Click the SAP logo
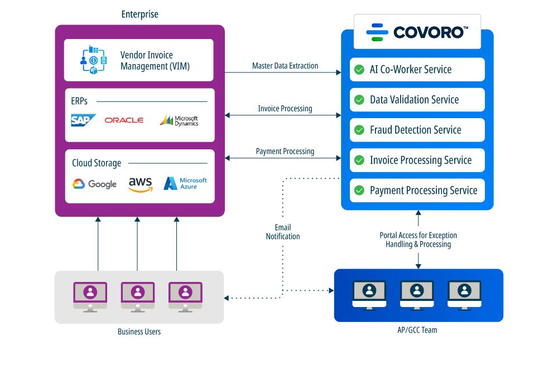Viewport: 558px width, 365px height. tap(83, 120)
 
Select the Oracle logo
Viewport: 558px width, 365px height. tap(124, 120)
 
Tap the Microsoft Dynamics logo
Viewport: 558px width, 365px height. tap(179, 120)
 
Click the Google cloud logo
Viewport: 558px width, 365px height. tap(94, 184)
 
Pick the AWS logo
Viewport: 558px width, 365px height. tap(140, 184)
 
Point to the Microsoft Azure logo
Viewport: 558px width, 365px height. tap(185, 183)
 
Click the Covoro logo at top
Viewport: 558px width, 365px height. tap(417, 32)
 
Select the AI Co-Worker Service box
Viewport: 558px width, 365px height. tap(417, 70)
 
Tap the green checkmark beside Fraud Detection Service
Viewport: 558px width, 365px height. tap(359, 130)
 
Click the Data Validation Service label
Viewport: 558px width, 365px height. tap(414, 100)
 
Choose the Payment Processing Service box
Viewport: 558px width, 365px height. tap(417, 191)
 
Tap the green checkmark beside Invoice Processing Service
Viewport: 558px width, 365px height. tap(359, 160)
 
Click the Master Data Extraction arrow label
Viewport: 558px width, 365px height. tap(285, 66)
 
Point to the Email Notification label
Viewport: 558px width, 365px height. tap(283, 232)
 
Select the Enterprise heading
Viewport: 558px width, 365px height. tap(140, 14)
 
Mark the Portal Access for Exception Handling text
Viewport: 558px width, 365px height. tap(418, 240)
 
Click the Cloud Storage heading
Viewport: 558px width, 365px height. tap(97, 163)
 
